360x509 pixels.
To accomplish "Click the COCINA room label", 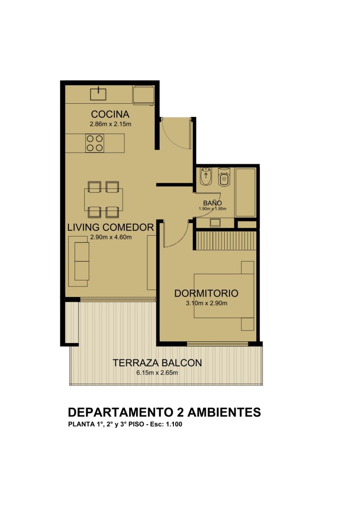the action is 110,114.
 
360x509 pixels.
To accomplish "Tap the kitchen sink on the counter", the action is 98,93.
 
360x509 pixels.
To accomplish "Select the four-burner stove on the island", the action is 94,143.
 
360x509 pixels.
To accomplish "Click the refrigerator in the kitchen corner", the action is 143,95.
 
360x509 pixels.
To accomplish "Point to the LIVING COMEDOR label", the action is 110,227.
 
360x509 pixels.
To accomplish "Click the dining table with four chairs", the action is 103,199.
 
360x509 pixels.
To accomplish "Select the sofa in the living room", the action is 79,261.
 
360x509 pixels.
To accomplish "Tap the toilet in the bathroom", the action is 224,177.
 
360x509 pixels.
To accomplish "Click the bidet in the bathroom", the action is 205,177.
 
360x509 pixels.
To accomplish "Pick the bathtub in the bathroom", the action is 245,192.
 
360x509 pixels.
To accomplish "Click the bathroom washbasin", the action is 215,222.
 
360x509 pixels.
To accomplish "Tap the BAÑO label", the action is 213,203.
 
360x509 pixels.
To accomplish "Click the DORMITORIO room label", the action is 206,294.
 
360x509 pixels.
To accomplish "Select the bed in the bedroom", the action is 224,296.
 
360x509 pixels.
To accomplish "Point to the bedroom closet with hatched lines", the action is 226,240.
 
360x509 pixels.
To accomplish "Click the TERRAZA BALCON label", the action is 157,362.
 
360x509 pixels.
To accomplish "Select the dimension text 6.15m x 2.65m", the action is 157,373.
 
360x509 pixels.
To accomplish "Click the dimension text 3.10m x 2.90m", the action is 206,303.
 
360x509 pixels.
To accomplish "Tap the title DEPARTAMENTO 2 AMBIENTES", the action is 164,412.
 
